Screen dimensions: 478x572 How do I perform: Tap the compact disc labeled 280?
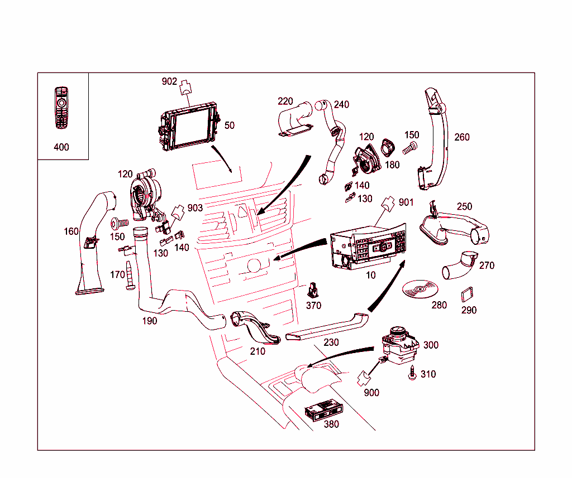[421, 289]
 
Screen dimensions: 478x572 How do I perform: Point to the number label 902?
[169, 81]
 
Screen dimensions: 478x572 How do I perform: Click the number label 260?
[462, 137]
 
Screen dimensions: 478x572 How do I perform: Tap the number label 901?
[406, 201]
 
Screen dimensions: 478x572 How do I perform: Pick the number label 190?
[149, 321]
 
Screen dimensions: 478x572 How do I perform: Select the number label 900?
[371, 393]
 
